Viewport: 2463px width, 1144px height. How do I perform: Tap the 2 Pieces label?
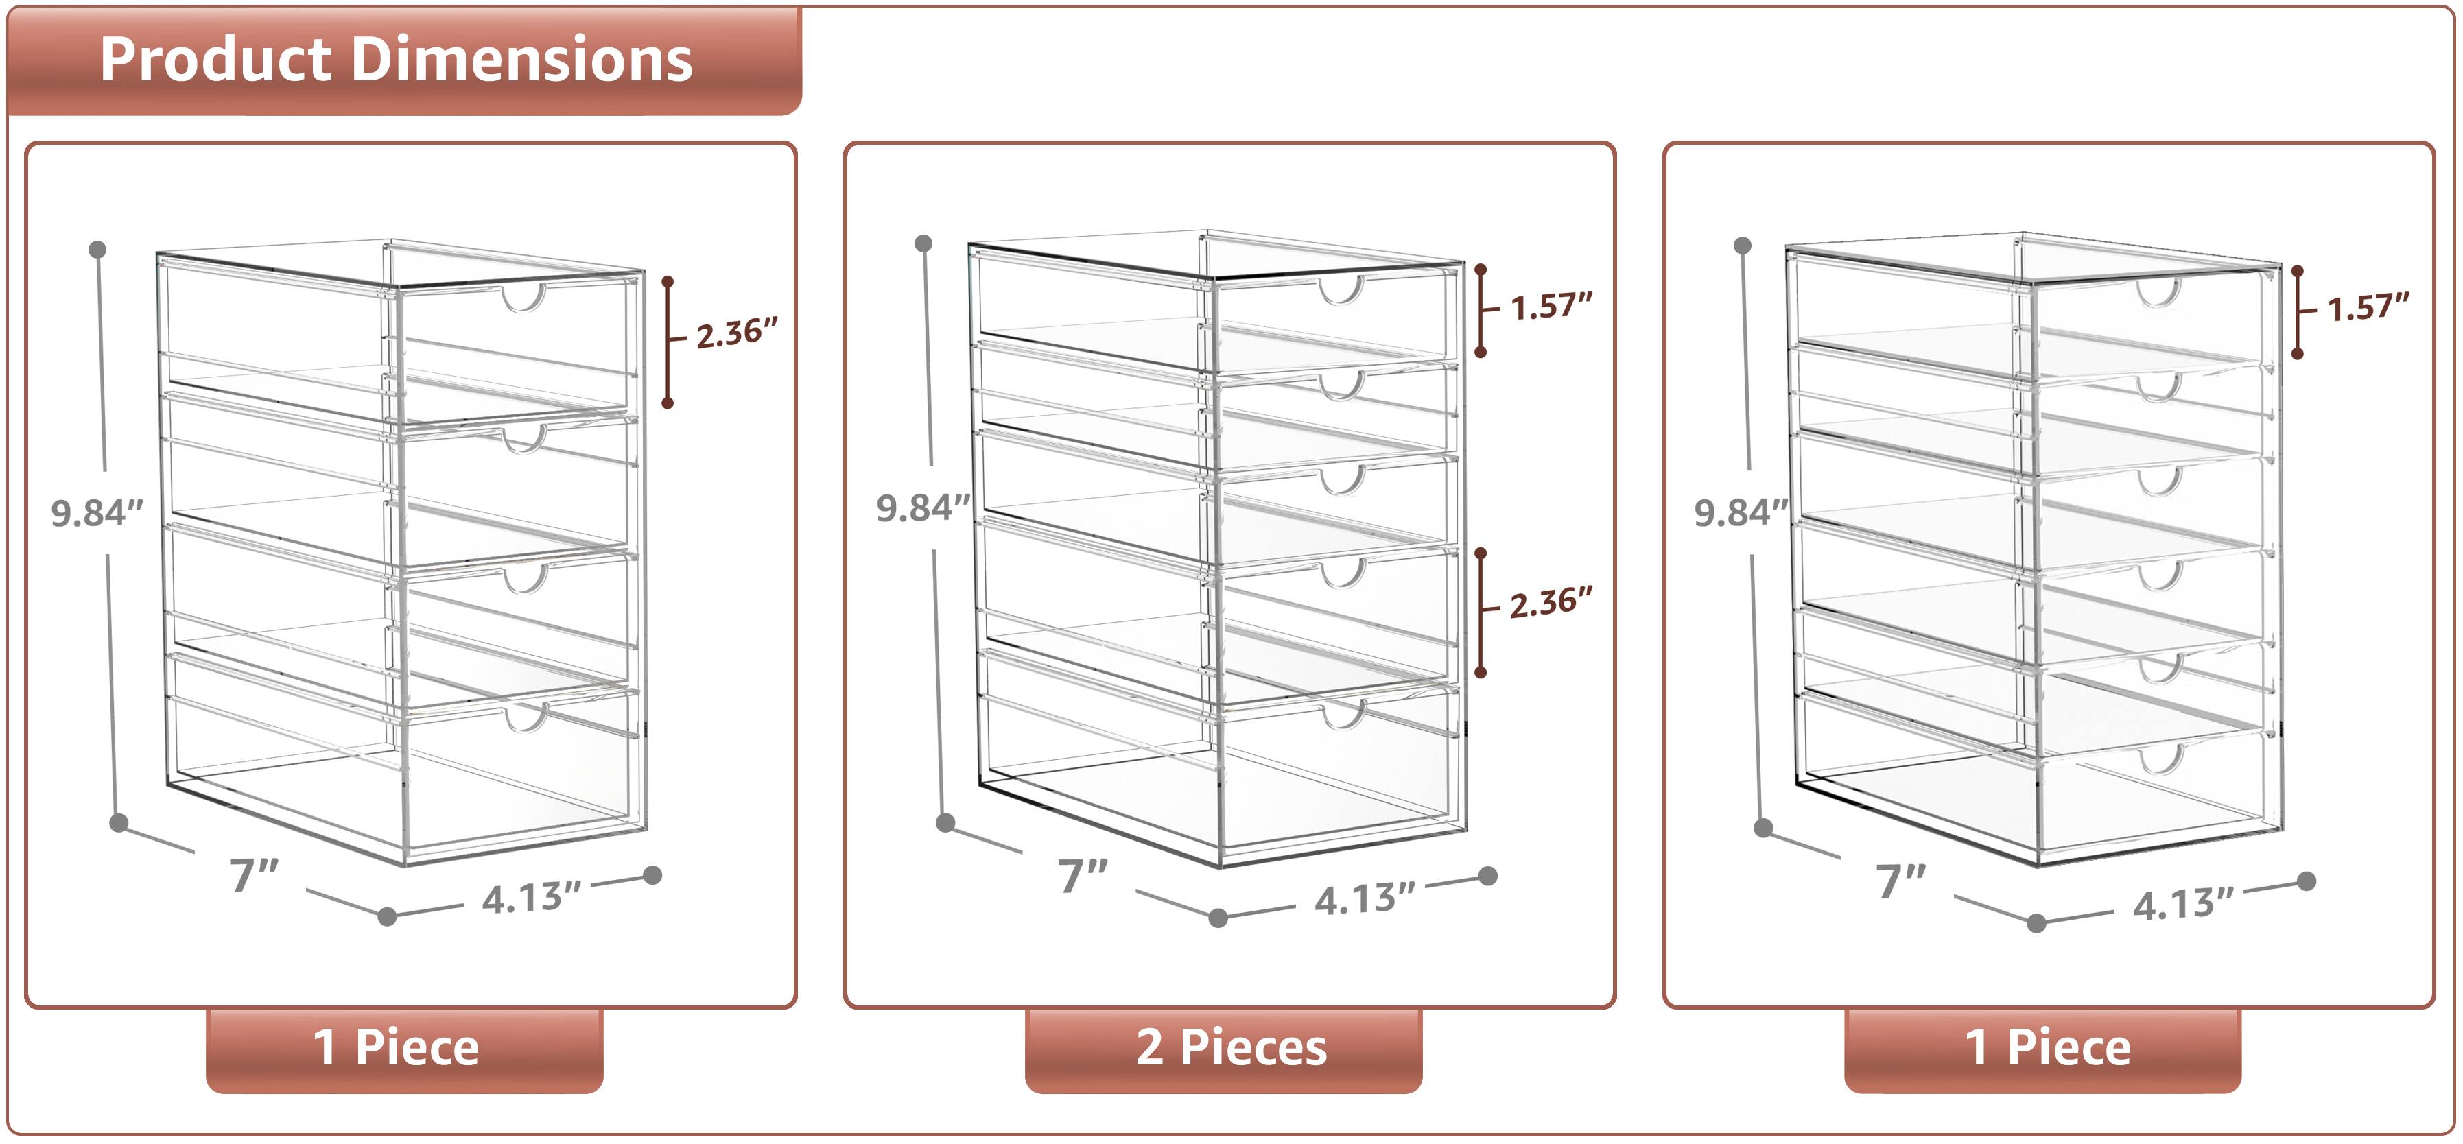(1231, 1047)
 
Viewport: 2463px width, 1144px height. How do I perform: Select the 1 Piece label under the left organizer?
(396, 1047)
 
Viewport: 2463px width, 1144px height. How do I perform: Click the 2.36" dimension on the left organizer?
(736, 333)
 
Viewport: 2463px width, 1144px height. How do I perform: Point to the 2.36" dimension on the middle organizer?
(1551, 603)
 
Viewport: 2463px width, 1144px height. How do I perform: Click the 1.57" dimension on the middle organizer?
(1551, 307)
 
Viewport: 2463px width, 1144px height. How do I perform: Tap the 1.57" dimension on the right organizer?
(2368, 308)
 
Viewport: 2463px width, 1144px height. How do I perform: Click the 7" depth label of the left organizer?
(253, 874)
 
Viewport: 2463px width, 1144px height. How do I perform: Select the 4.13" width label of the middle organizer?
(1365, 899)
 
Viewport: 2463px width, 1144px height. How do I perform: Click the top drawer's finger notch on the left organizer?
(525, 298)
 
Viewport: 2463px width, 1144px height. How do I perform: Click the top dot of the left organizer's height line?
(97, 250)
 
